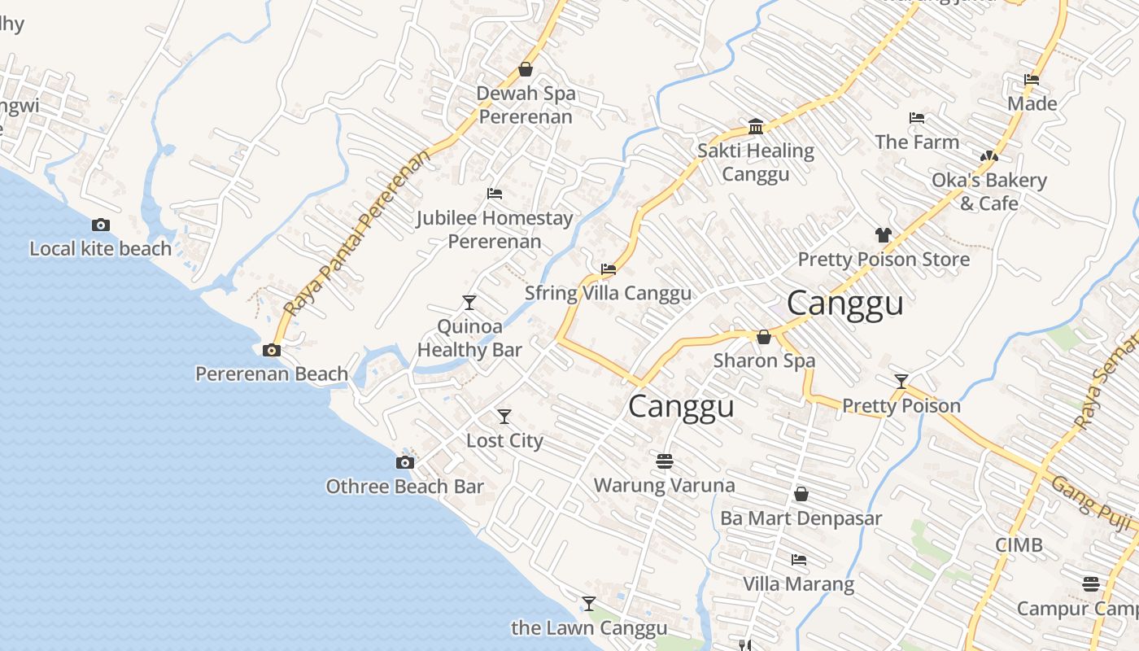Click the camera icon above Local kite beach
(101, 225)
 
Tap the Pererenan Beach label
(272, 374)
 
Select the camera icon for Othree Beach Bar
(405, 463)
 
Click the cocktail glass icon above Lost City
(504, 417)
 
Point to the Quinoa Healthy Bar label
(469, 338)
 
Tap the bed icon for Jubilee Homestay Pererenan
(494, 194)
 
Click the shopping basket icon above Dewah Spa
(526, 69)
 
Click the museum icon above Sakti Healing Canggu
(756, 126)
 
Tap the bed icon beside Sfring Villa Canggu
(608, 269)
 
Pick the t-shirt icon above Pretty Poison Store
(884, 235)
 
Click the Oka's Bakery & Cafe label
(989, 191)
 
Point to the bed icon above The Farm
(917, 118)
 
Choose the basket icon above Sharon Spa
(764, 337)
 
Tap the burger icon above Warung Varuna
(665, 461)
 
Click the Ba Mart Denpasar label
(801, 518)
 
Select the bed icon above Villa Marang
(799, 560)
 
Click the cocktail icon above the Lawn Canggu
(589, 604)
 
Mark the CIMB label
(1019, 544)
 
